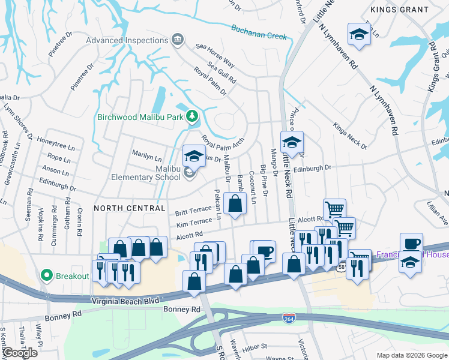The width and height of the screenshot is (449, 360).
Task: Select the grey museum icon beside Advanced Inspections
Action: (x=178, y=41)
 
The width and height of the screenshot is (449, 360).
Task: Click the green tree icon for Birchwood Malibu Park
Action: (x=191, y=115)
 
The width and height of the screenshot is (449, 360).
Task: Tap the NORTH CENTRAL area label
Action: (x=129, y=208)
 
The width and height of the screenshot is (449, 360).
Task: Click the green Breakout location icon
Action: (x=46, y=276)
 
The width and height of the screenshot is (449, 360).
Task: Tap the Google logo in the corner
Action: (x=19, y=353)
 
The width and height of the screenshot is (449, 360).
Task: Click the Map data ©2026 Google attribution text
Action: (x=412, y=355)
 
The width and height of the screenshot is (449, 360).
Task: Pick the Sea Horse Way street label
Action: (x=215, y=54)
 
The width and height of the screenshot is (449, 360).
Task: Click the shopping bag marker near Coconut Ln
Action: (x=235, y=203)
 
